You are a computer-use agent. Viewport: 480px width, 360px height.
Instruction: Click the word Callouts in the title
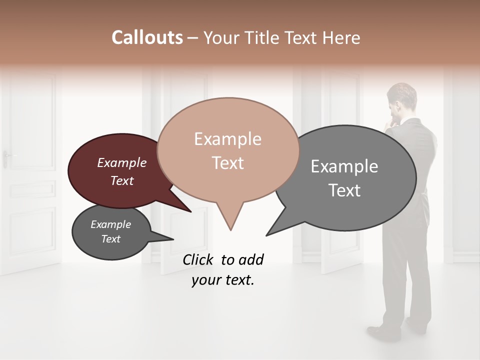[x=147, y=37]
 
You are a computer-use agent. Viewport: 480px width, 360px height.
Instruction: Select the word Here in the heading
[x=341, y=37]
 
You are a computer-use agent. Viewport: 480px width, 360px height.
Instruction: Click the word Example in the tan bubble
[x=227, y=139]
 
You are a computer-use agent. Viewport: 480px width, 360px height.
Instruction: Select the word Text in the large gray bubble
[x=344, y=190]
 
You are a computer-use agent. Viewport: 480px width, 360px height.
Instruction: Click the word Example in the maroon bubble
[x=121, y=162]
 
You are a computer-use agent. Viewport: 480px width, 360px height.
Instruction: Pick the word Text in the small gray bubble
[x=110, y=239]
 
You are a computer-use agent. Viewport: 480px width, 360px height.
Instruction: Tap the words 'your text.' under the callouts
[x=222, y=280]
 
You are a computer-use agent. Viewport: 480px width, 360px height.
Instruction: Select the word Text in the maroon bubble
[x=121, y=180]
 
